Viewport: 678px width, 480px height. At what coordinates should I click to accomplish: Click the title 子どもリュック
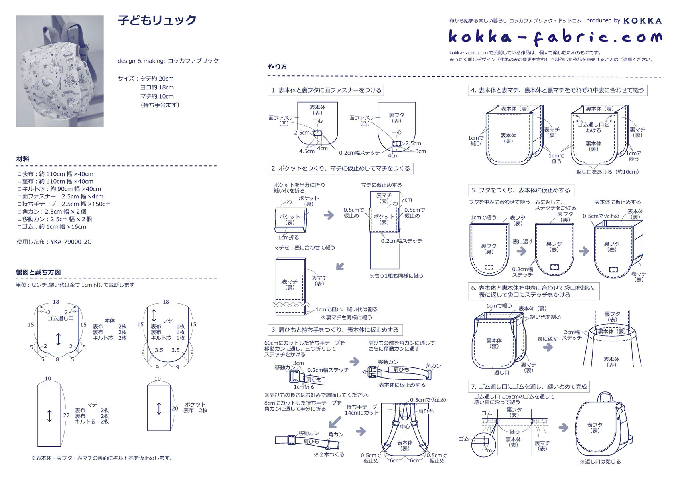point(157,20)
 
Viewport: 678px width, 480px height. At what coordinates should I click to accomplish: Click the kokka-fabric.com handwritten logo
point(555,37)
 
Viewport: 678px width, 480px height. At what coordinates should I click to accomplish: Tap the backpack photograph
point(60,71)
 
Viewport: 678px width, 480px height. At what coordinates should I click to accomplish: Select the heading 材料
point(23,159)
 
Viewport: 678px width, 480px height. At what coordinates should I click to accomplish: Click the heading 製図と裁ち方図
point(38,272)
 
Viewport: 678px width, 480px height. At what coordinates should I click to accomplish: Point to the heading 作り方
point(277,67)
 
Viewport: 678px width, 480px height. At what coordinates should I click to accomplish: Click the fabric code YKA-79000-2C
point(71,242)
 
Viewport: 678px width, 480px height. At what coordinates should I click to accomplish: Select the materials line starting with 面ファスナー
point(61,196)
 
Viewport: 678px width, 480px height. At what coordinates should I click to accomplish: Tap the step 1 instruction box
point(326,90)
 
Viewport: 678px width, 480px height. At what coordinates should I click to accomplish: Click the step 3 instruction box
point(335,330)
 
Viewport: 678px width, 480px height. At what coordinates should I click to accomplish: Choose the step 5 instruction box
point(521,190)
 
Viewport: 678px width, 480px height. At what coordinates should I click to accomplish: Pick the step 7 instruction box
point(529,387)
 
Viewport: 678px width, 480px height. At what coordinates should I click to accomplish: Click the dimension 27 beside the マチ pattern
point(66,415)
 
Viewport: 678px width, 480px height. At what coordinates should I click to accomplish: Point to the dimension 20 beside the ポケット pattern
point(175,408)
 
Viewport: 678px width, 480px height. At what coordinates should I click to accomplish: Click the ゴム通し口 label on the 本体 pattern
point(61,318)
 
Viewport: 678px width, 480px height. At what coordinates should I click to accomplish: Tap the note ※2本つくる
point(329,454)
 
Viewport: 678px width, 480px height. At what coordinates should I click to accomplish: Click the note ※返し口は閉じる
point(600,462)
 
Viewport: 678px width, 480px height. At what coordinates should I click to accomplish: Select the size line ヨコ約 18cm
point(157,87)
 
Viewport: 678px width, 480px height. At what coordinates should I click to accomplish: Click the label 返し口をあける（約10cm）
point(607,172)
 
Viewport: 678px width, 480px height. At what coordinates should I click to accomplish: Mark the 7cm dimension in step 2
point(406,200)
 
